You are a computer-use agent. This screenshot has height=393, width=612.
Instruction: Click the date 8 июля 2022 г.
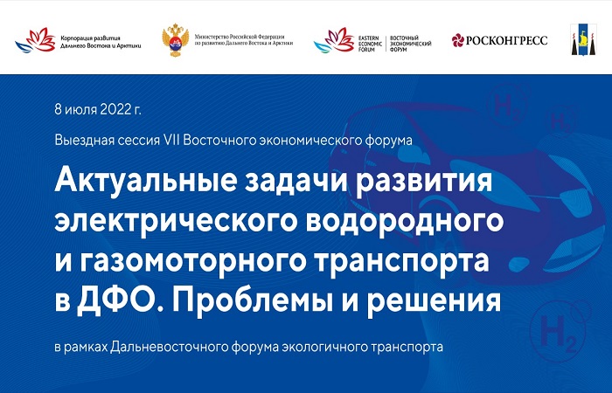click(x=98, y=109)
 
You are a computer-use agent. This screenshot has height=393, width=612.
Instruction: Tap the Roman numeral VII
click(x=171, y=140)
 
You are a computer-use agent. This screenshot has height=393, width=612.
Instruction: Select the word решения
click(x=434, y=301)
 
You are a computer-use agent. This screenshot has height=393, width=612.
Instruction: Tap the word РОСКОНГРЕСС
click(x=506, y=40)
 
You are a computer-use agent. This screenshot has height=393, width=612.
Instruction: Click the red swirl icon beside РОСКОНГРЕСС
click(x=458, y=40)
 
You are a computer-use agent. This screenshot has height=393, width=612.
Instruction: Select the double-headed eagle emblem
click(x=175, y=40)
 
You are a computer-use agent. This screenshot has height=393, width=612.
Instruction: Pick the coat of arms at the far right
click(x=583, y=39)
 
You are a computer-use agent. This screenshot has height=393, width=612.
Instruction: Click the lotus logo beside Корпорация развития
click(x=36, y=40)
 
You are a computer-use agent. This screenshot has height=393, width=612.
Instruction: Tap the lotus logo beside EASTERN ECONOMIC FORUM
click(x=334, y=40)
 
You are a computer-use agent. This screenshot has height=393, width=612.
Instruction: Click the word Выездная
click(x=80, y=140)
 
